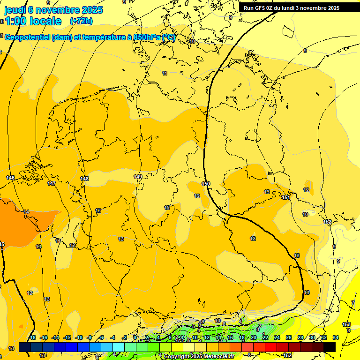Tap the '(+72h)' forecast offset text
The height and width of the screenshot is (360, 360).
pos(81,21)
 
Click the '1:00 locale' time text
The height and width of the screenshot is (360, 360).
pos(33,21)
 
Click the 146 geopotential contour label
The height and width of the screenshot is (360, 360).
pos(10,178)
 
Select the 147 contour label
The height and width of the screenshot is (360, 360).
pos(52,183)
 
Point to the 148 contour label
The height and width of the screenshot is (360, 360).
pos(84,179)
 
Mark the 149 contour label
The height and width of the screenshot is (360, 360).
pos(137,177)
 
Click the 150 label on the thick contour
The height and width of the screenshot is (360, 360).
pos(206,184)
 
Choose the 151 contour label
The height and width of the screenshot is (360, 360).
pos(286,198)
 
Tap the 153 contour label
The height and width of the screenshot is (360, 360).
pos(346,324)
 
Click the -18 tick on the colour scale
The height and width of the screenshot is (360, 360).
pos(32,337)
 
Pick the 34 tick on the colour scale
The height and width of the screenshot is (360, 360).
pos(336,337)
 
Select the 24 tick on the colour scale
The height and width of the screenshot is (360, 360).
pos(277,337)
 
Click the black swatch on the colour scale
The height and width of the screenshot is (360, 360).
pos(330,347)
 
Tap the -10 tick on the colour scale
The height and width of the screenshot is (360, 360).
pos(79,337)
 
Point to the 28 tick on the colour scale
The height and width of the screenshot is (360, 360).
pos(300,337)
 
